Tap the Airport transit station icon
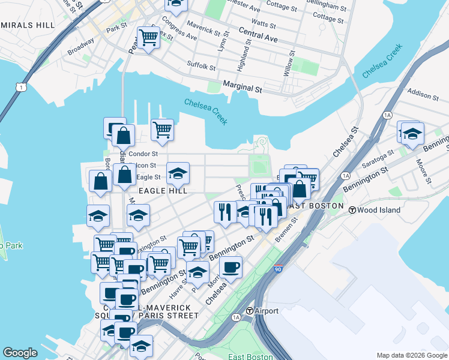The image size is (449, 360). click(250, 311)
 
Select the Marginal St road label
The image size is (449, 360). click(243, 88)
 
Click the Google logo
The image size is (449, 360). click(20, 353)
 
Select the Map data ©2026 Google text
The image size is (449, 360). click(412, 355)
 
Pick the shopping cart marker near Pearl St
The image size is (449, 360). click(148, 38)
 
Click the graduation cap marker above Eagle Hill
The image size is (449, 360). click(178, 173)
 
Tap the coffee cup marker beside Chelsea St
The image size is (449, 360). click(231, 268)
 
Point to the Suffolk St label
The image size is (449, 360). click(201, 65)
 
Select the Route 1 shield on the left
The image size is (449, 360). click(22, 88)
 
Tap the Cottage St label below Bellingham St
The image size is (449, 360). click(328, 19)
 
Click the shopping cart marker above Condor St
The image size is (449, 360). click(162, 129)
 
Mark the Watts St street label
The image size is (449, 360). click(264, 24)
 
